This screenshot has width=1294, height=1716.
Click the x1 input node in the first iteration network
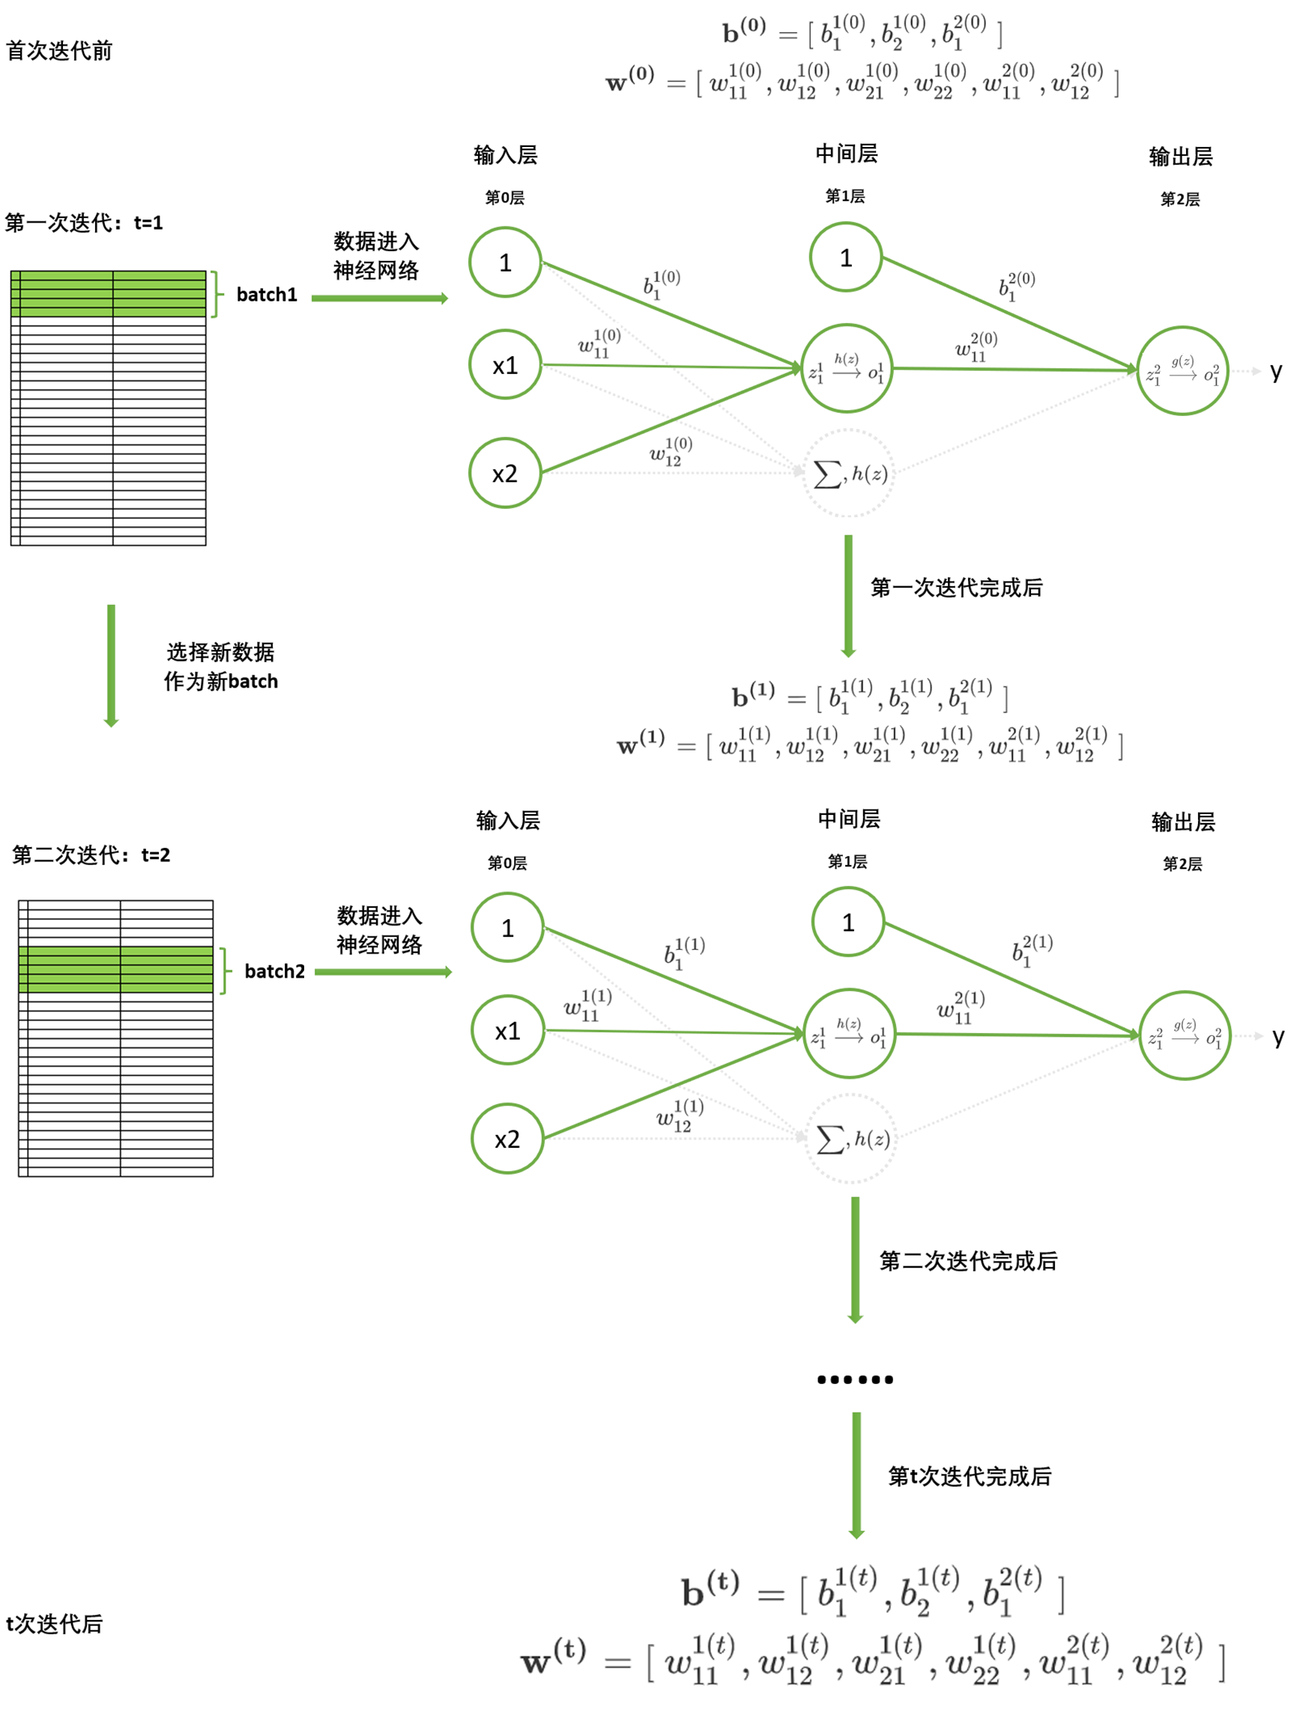505,364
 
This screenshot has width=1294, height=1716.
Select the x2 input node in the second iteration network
507,1139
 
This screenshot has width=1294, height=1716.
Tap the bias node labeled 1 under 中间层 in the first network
846,258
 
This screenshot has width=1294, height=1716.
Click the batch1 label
267,295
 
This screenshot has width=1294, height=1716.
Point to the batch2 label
274,972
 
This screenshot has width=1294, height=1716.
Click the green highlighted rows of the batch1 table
109,294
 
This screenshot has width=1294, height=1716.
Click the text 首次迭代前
59,51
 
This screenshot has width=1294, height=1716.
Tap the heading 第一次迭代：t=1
84,223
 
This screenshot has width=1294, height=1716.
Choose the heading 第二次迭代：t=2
91,855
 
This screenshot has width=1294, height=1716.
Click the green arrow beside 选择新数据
112,666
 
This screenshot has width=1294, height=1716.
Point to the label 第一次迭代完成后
956,588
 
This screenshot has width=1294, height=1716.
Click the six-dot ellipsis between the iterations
855,1379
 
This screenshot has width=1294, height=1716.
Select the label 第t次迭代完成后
969,1476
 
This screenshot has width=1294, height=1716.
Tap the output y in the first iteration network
1275,372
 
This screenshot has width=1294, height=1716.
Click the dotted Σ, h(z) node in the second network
851,1139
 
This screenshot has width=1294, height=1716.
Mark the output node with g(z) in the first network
1182,371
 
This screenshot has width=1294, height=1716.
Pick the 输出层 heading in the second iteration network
1183,822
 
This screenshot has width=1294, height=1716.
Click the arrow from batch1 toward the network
380,298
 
